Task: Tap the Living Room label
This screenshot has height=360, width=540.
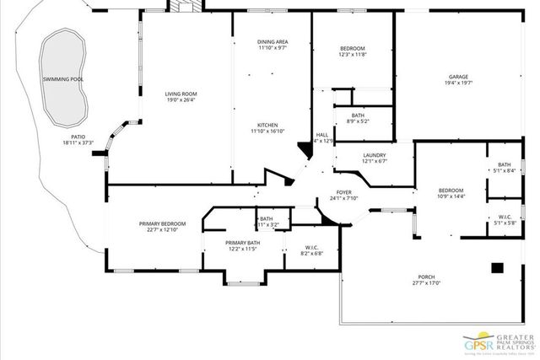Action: (x=181, y=94)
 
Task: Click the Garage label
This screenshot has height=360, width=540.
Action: (x=460, y=78)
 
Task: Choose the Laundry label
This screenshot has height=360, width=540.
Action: (x=375, y=155)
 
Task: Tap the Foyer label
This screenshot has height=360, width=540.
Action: (x=343, y=193)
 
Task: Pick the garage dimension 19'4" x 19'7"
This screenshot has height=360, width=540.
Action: (x=460, y=83)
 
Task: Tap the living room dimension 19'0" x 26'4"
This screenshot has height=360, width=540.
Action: (x=181, y=100)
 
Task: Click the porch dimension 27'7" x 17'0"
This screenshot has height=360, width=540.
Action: (x=426, y=283)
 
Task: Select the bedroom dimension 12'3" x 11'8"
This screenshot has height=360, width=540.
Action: (x=353, y=55)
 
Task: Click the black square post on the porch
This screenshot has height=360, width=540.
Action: (x=497, y=268)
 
